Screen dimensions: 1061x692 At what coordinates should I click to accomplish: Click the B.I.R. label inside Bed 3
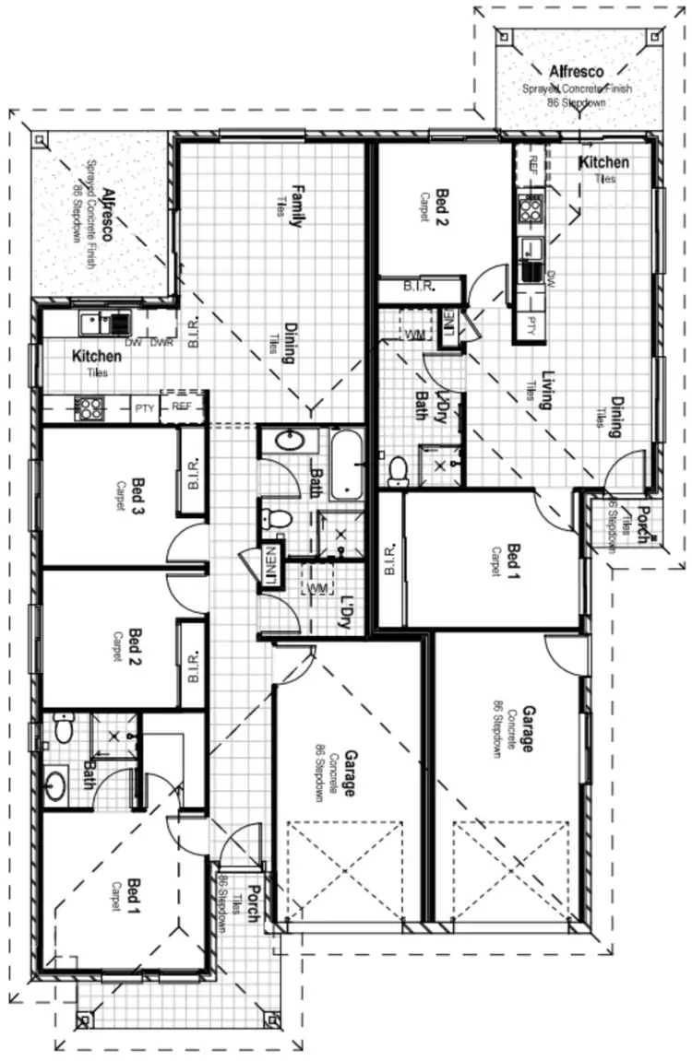[x=194, y=472]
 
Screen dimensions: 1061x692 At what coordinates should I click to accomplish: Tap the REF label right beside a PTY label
[x=180, y=406]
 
